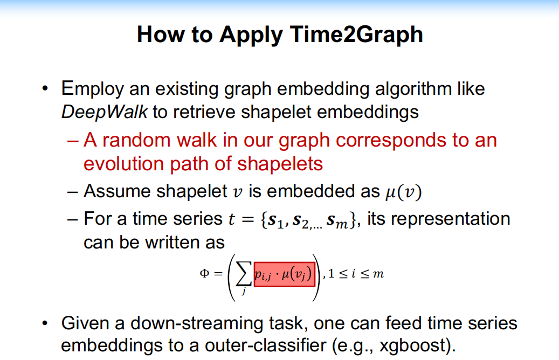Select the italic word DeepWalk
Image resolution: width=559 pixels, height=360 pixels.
coord(105,112)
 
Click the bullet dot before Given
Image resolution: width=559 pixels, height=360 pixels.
coord(47,324)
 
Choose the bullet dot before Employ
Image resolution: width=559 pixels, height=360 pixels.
coord(47,88)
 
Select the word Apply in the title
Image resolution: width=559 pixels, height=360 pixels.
coord(251,35)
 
